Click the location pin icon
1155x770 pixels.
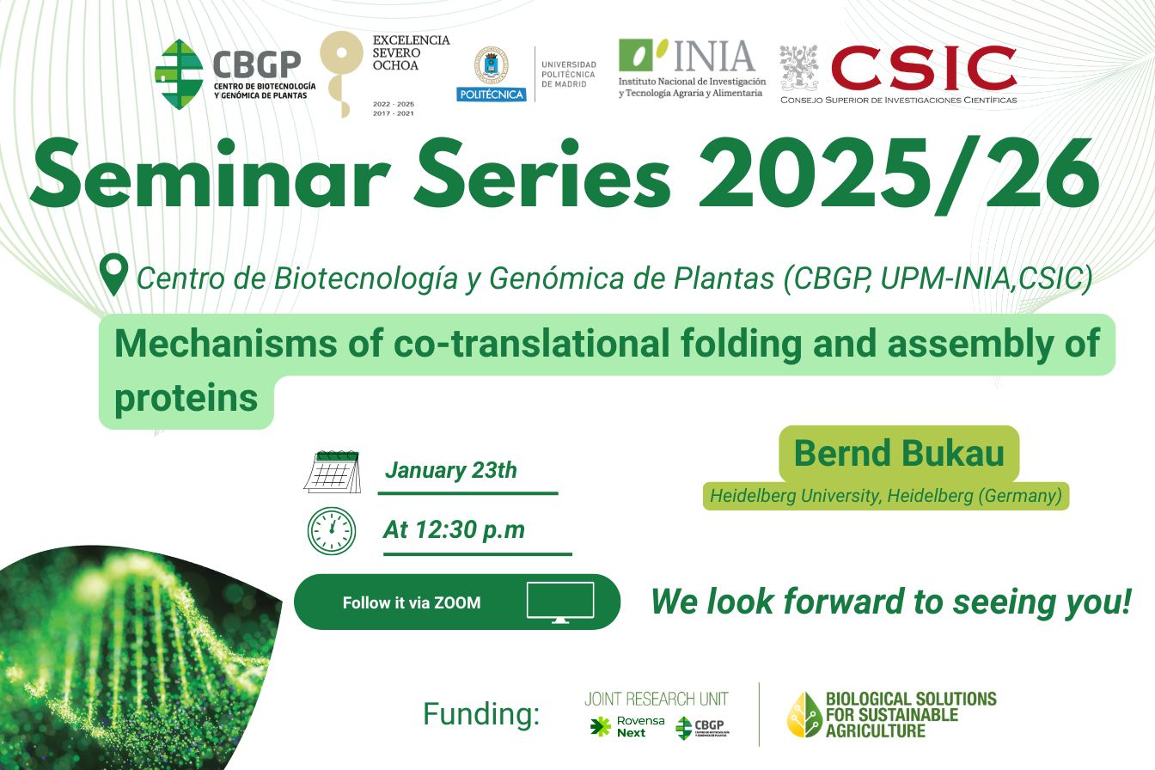point(114,274)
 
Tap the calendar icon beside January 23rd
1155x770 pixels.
point(333,472)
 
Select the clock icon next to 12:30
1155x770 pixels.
point(332,531)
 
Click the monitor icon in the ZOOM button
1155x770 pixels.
point(560,602)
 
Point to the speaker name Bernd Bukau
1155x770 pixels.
point(899,453)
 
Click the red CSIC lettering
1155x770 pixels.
point(924,68)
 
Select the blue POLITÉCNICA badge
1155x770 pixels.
point(491,95)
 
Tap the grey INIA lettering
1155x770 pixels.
point(714,56)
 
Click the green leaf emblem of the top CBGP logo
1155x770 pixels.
point(179,74)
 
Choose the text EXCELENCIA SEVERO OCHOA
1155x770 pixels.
point(411,52)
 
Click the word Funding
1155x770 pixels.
point(481,714)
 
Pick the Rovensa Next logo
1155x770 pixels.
point(627,727)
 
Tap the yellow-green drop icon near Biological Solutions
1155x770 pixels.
point(804,715)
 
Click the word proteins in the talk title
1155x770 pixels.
point(186,398)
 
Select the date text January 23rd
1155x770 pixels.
point(450,470)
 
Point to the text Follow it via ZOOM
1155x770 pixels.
point(412,603)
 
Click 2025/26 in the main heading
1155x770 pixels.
point(899,174)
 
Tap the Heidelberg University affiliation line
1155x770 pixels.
point(886,496)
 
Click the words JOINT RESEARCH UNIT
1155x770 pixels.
point(656,700)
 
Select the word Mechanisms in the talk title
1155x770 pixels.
point(225,344)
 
